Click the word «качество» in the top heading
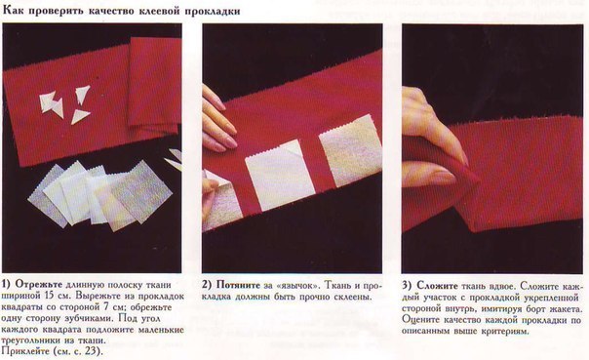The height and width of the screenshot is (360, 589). click(x=112, y=12)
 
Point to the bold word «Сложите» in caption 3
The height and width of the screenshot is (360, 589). click(x=437, y=286)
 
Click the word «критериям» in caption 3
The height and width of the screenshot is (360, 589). click(x=502, y=332)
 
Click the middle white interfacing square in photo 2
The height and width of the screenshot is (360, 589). click(x=280, y=175)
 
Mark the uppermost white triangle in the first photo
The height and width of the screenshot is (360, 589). click(x=83, y=94)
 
